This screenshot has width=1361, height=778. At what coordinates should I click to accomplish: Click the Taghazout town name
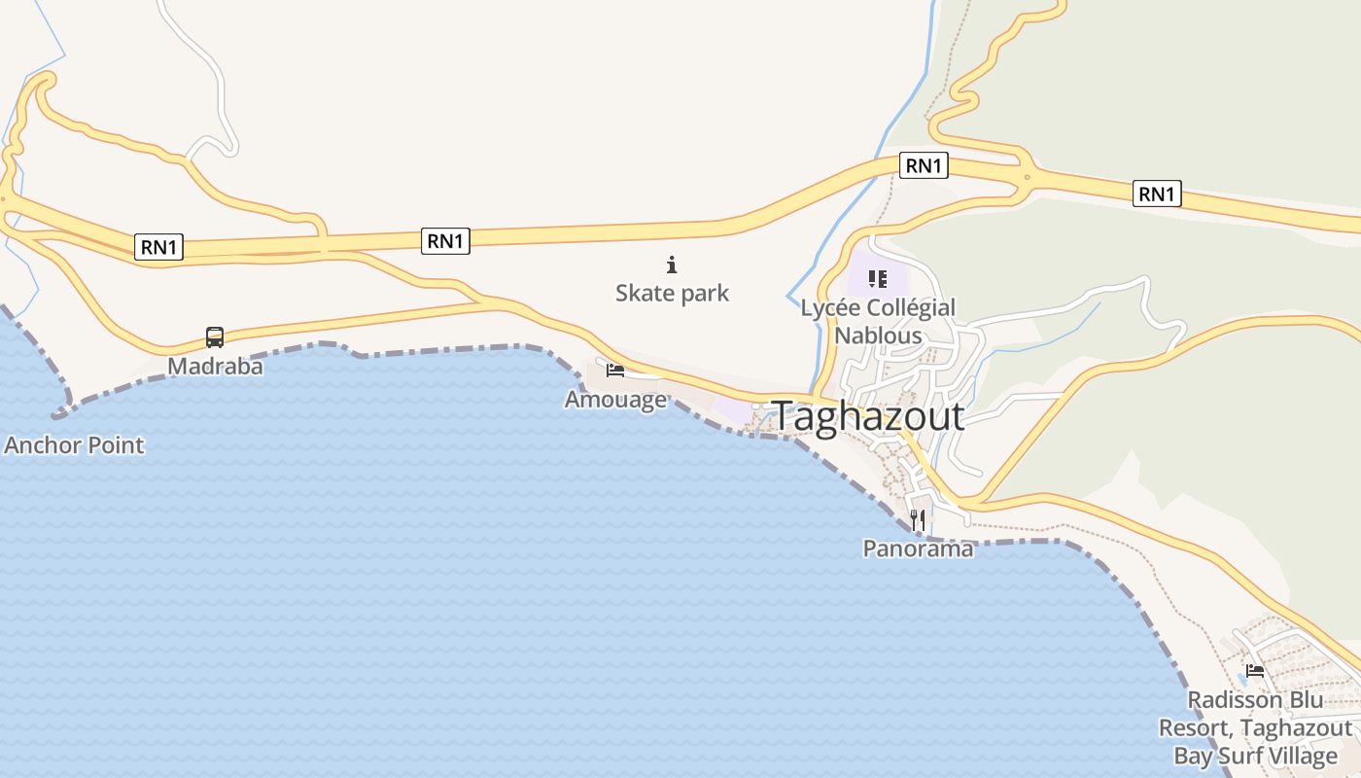click(x=868, y=416)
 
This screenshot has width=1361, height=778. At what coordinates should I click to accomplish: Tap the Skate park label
click(x=672, y=293)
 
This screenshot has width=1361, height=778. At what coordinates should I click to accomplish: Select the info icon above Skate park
click(x=671, y=265)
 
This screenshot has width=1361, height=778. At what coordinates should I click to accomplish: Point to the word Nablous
click(x=878, y=336)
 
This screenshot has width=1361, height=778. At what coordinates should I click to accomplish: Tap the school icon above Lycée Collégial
click(x=878, y=280)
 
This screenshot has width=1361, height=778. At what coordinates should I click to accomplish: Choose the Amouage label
click(x=615, y=399)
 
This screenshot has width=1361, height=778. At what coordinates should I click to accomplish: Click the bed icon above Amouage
click(x=614, y=370)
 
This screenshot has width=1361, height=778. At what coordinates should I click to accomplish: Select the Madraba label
click(x=215, y=366)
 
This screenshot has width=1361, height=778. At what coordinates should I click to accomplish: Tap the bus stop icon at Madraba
click(x=215, y=337)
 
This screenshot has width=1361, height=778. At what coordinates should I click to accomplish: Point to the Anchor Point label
click(x=74, y=445)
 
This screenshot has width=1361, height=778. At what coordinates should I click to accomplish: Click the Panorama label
click(x=918, y=548)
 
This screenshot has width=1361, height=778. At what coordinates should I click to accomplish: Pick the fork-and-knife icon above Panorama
click(x=918, y=520)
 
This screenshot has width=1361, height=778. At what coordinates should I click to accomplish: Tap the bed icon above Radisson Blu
click(x=1255, y=671)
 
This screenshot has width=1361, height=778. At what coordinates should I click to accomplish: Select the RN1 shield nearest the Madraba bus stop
click(x=158, y=247)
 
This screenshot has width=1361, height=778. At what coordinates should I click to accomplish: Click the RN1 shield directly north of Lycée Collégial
click(x=924, y=166)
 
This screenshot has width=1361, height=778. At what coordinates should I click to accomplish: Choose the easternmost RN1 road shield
click(x=1157, y=194)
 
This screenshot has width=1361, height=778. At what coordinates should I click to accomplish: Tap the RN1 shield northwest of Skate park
click(x=445, y=241)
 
